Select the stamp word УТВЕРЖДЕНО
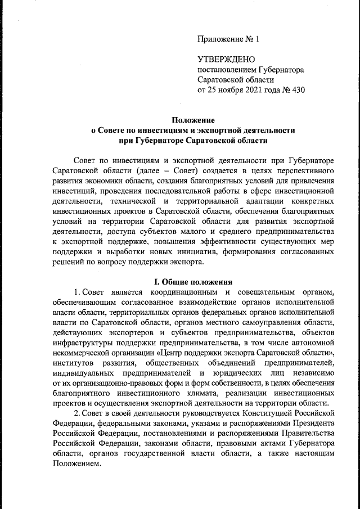coord(226,60)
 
